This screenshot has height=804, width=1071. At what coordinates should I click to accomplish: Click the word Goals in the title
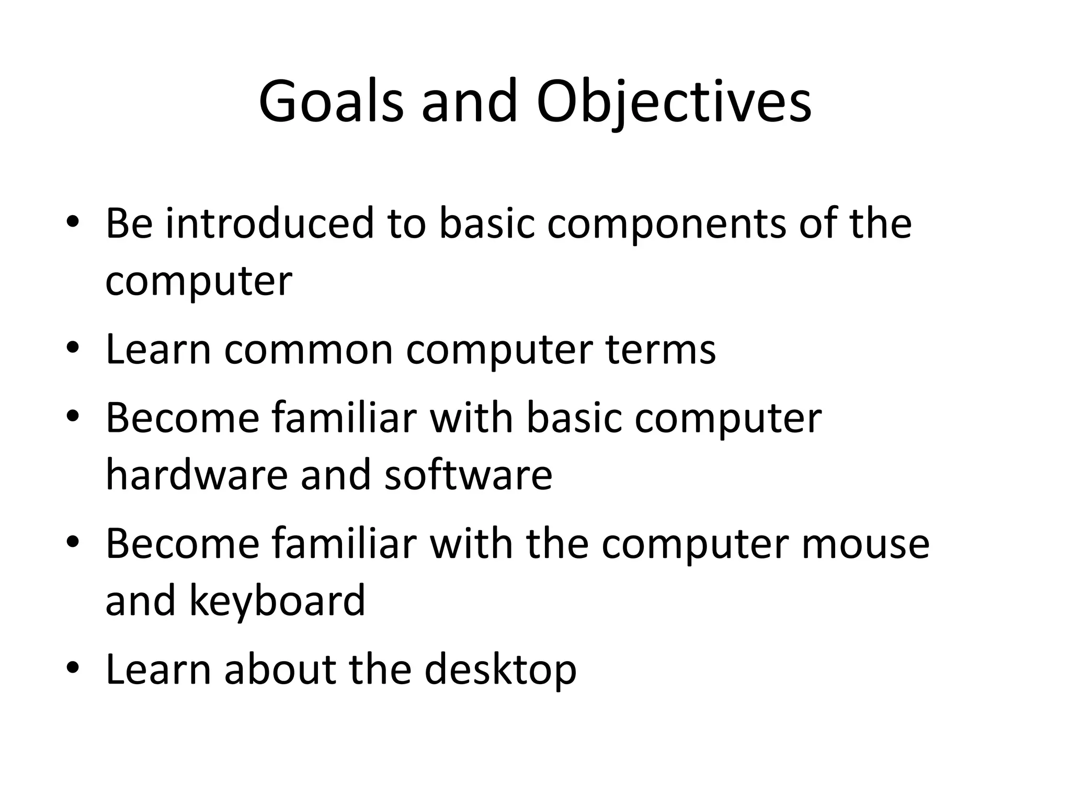[331, 102]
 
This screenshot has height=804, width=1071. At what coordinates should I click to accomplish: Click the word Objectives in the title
[674, 102]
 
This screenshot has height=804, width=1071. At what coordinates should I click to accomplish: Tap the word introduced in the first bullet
[270, 224]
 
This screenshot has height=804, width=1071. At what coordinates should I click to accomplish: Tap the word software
[468, 475]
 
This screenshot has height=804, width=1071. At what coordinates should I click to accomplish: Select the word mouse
[865, 543]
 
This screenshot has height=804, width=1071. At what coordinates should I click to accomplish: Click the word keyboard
[277, 601]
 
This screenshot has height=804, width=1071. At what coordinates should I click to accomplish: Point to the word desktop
[500, 671]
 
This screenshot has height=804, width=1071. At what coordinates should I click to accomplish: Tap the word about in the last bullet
[280, 669]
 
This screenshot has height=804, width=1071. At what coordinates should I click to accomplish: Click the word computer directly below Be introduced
[198, 282]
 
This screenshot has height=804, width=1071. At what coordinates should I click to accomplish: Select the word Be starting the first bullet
[129, 224]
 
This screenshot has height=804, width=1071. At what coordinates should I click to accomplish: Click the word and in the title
[469, 102]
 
